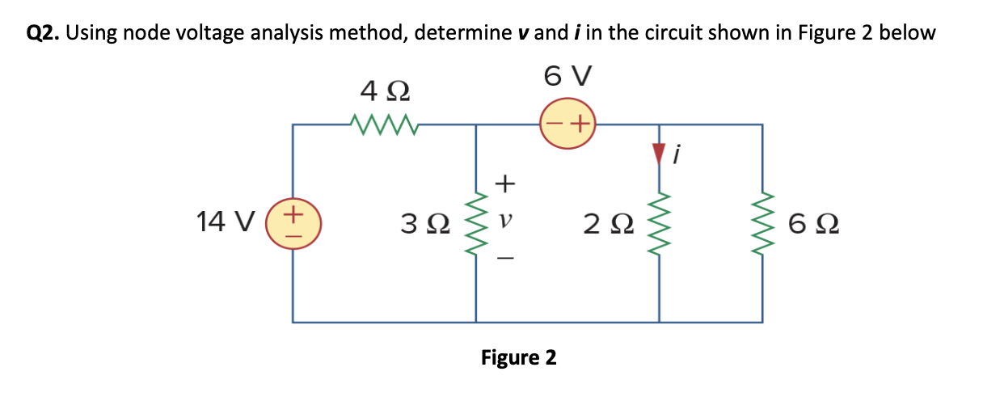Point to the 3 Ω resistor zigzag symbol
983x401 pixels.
475,222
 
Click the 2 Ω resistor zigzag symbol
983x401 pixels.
660,222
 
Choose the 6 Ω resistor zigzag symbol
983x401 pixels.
762,222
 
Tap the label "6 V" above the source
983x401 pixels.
567,78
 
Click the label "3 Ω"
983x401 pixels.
422,222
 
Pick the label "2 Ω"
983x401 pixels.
607,222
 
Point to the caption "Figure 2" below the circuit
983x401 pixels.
518,357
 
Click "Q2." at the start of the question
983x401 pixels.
44,33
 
